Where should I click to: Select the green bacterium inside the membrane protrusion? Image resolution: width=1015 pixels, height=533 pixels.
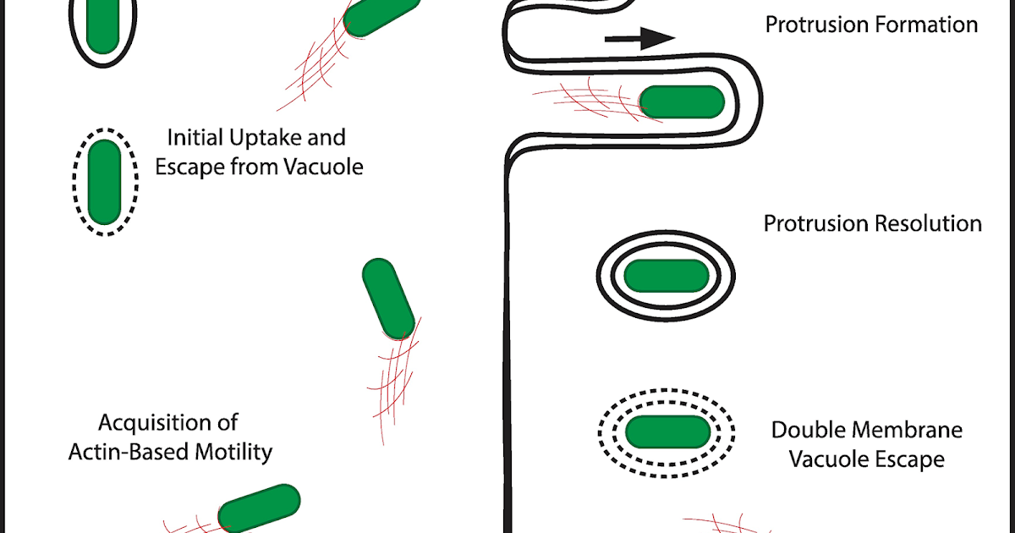coord(682,102)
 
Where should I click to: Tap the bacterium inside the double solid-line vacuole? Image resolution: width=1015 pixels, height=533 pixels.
coord(666,274)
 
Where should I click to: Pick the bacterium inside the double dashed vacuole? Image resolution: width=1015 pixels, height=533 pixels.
coord(667,431)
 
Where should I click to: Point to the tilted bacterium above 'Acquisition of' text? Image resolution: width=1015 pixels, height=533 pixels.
coord(388,299)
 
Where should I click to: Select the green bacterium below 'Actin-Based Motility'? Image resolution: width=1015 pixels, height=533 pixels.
coord(259,509)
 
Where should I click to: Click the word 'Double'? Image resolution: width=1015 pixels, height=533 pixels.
coord(809,431)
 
